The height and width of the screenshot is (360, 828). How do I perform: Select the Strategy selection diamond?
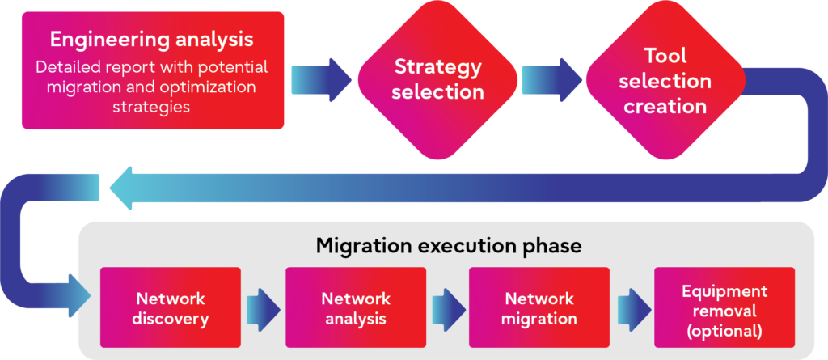(437, 78)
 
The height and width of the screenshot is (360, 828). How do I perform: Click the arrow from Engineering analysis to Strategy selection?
(320, 78)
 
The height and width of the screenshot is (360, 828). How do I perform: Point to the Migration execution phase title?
(448, 245)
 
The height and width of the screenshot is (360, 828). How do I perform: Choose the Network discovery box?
(170, 308)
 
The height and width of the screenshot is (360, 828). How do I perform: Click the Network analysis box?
(356, 308)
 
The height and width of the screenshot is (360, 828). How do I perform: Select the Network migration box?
(539, 308)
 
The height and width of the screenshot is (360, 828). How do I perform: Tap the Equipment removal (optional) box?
(724, 308)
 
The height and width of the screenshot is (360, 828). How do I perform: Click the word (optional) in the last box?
(724, 329)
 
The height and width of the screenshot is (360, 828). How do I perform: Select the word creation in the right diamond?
(665, 106)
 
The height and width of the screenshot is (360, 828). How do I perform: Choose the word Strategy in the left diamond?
(437, 66)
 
